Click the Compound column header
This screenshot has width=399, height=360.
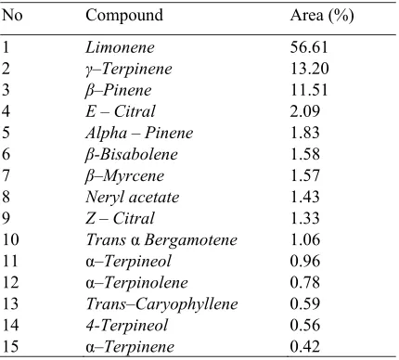point(124,15)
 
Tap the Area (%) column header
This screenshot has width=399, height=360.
point(322,15)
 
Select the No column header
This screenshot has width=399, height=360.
point(12,15)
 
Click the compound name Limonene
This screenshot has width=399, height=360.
point(120,47)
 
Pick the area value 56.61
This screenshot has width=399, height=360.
point(309,47)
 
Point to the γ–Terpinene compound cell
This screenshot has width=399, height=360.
point(128,69)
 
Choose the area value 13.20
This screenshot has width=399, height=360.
point(309,69)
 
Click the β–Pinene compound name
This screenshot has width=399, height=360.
point(118,90)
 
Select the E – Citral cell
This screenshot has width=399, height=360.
point(121,111)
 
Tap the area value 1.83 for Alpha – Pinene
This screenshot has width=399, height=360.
point(304,133)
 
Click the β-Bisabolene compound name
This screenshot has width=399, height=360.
point(131,154)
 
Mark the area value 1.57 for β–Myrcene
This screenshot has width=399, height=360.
point(304,175)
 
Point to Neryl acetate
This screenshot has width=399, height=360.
point(133,198)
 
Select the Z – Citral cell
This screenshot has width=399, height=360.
point(120,218)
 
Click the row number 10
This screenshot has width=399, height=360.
point(11,239)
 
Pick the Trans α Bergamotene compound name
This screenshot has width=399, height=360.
point(161,240)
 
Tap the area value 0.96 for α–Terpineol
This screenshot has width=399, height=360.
point(304,261)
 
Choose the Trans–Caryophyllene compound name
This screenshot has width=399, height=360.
point(161,304)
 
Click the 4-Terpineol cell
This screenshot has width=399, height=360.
point(127,326)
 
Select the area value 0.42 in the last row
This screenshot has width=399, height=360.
point(304,347)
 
